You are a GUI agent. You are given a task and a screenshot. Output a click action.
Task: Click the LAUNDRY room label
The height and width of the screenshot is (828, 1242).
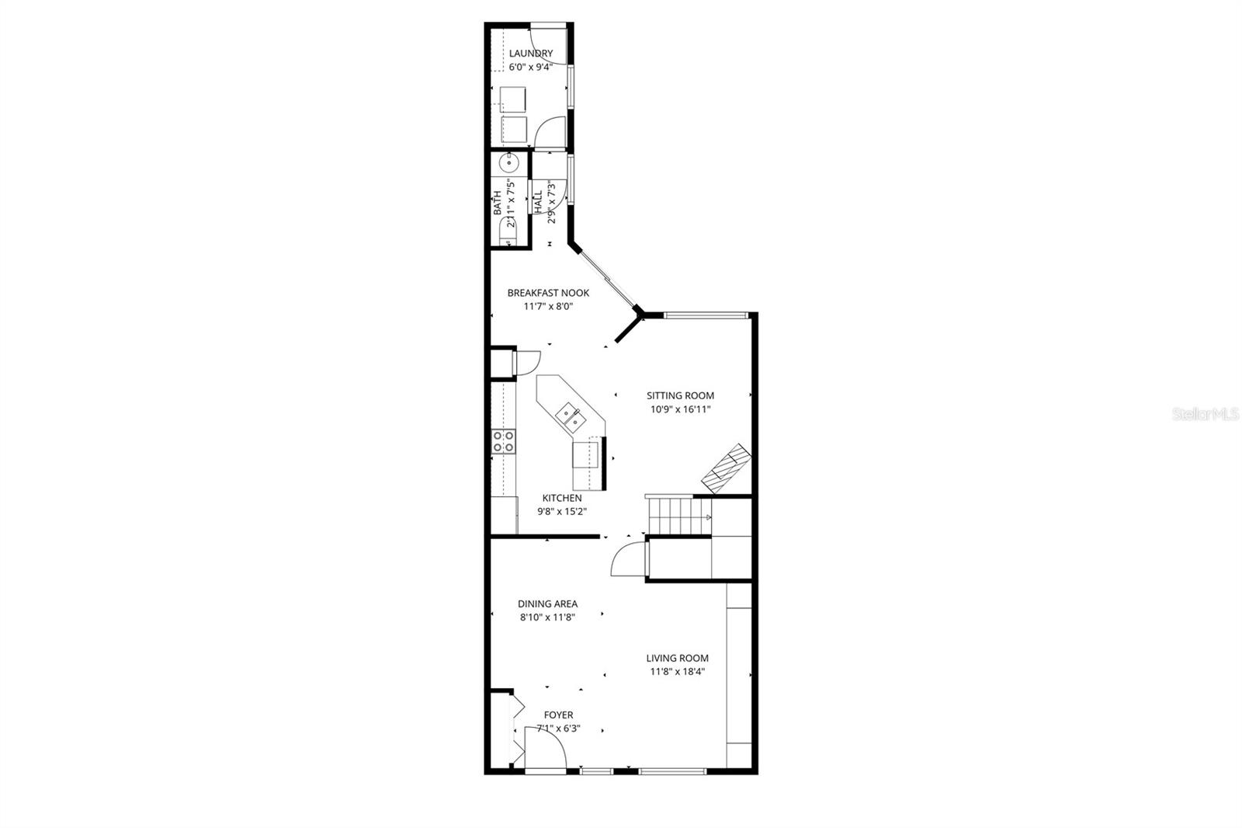point(531,54)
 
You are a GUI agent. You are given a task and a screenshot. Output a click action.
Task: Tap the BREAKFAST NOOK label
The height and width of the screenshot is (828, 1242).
point(548,293)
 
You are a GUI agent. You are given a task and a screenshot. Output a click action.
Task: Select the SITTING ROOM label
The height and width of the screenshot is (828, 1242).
point(680,395)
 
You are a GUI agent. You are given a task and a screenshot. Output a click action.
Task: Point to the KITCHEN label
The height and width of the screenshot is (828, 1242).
point(562,498)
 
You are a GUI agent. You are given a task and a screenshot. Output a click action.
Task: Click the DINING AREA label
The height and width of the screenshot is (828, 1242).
point(547,604)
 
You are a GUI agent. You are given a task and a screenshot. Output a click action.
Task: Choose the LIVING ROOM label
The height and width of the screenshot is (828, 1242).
point(677,658)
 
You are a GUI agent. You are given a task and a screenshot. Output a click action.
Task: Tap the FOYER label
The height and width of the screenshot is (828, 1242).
point(558,715)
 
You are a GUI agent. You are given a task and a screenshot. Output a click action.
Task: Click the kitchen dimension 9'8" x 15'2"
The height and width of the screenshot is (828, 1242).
point(562,512)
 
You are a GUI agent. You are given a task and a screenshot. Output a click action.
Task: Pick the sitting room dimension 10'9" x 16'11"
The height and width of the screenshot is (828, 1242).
point(680,409)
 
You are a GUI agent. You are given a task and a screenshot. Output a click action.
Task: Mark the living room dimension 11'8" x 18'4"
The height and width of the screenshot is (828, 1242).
point(677,672)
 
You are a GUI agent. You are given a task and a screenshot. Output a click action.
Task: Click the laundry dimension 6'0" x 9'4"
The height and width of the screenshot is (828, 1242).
point(531,67)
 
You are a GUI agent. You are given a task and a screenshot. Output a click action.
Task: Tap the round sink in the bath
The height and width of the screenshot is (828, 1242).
point(509,163)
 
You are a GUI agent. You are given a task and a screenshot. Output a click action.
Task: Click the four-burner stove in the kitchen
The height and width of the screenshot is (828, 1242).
point(503,441)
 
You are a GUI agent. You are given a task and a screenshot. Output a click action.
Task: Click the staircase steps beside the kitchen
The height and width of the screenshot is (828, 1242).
point(679,516)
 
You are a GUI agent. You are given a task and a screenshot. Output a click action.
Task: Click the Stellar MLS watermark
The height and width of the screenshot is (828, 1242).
point(1206,414)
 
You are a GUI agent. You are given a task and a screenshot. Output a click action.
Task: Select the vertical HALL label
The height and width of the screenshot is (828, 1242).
point(538,201)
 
